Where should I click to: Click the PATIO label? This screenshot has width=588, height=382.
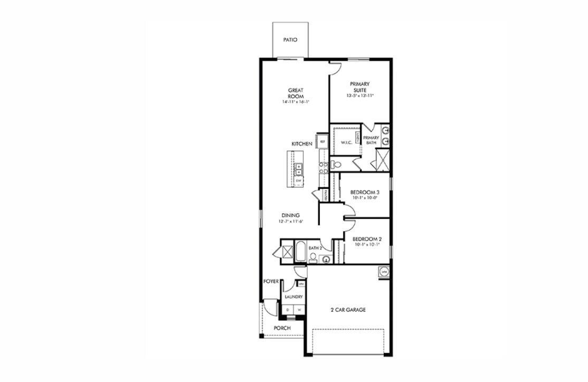[x=290, y=40]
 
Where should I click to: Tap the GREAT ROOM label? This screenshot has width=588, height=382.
[x=295, y=93]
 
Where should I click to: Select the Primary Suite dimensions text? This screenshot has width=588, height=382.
[x=359, y=96]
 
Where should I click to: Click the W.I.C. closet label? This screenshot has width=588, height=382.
[x=346, y=142]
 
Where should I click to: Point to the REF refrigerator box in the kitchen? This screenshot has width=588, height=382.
[x=322, y=142]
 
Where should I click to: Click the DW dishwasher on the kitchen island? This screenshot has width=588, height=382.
[x=298, y=180]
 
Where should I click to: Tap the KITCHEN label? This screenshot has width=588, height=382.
[x=302, y=144]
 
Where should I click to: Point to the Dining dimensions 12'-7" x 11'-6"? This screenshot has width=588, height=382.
[x=290, y=222]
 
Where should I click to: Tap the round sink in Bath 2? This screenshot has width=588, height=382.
[x=326, y=259]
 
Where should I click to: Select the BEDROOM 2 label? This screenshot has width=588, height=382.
[x=367, y=239]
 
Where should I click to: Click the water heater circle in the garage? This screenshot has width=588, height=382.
[x=384, y=272]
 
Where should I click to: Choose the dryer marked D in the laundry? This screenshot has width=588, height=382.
[x=288, y=310]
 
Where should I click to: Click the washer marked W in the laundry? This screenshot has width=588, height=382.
[x=299, y=310]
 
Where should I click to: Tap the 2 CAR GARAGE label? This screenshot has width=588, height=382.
[x=347, y=310]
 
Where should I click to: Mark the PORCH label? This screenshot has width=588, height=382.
[x=282, y=328]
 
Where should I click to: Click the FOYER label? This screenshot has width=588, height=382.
[x=271, y=282]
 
